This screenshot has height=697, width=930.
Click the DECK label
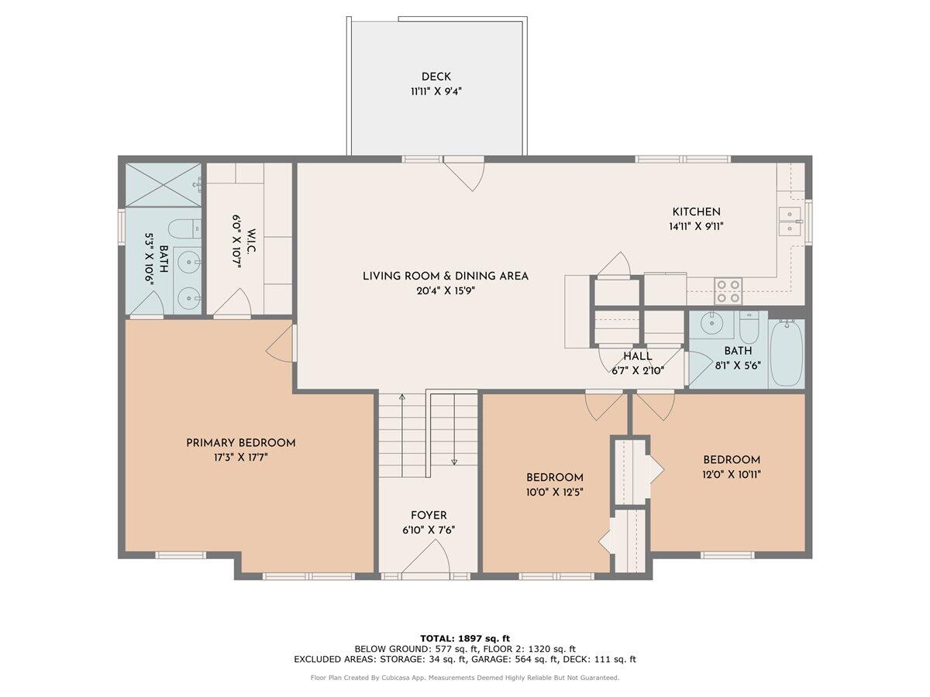[x=436, y=77]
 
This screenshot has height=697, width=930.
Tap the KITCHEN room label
[x=696, y=211]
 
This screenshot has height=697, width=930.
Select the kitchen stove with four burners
[x=727, y=290]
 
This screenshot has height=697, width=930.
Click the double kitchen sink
[x=790, y=221]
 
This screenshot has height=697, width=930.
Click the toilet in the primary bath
[x=184, y=228]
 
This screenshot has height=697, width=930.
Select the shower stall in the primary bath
[x=163, y=184]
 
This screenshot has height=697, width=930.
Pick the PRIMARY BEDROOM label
[x=240, y=443]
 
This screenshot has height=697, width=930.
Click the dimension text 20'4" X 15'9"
[x=446, y=292]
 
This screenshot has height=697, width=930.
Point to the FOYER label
[x=429, y=516]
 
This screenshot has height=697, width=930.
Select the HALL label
[x=638, y=356]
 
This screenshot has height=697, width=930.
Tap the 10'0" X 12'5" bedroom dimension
[x=554, y=492]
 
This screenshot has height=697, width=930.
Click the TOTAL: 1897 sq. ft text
[x=465, y=637]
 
